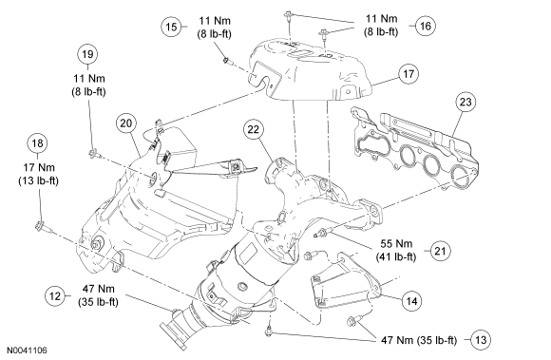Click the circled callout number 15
click(172, 27)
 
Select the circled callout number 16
click(426, 26)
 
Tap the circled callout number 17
click(408, 74)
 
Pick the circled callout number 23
click(465, 102)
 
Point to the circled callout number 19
click(87, 54)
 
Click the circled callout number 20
click(126, 123)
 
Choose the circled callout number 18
click(38, 143)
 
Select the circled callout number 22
click(253, 129)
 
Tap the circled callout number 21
click(440, 251)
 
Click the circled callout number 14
click(411, 301)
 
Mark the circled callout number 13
click(481, 340)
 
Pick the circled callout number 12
click(55, 295)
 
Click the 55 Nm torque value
click(396, 244)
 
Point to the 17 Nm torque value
click(39, 167)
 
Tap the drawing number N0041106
click(27, 351)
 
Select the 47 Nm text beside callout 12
click(99, 289)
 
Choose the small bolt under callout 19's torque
click(94, 153)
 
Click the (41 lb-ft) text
click(396, 257)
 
